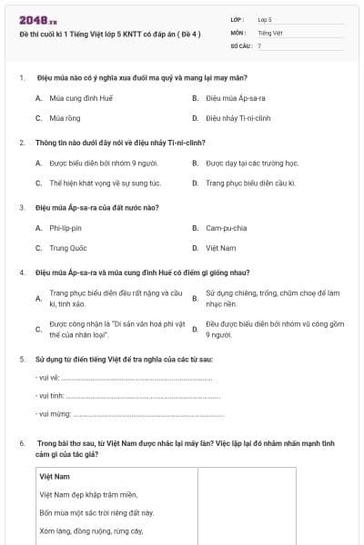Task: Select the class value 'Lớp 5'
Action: [x=265, y=18]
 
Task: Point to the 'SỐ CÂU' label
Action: [x=240, y=45]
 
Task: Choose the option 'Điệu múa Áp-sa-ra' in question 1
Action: [x=235, y=97]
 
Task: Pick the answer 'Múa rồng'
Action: [x=66, y=118]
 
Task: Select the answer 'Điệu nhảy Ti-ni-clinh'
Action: [x=238, y=118]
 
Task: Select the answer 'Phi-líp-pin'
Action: [x=66, y=228]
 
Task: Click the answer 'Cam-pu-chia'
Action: [x=226, y=228]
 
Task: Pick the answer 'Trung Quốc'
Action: [x=68, y=248]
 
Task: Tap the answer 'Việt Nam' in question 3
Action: [x=220, y=248]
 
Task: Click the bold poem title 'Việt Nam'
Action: [x=55, y=476]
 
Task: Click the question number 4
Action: [x=22, y=272]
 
